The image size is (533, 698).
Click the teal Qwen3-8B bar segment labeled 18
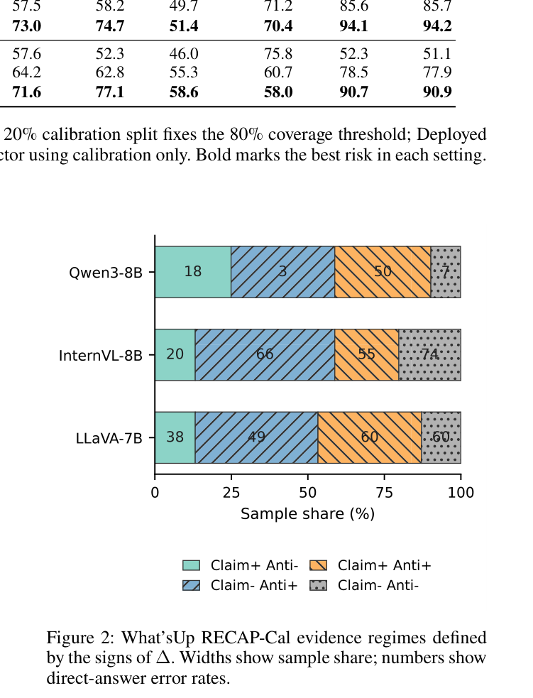(x=192, y=271)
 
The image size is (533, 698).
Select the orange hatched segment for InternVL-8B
(x=367, y=355)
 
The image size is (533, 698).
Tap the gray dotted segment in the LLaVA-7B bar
(x=441, y=437)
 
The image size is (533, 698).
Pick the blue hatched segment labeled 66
(x=265, y=355)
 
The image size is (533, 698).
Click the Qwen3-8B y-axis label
(x=106, y=272)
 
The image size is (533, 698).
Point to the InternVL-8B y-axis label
(x=101, y=355)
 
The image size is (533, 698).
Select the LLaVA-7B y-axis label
(x=109, y=438)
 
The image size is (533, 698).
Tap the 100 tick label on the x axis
(x=461, y=492)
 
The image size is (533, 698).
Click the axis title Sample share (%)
(x=307, y=513)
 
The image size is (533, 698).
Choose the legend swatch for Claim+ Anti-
(x=192, y=565)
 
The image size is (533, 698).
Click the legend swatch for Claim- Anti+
(x=192, y=585)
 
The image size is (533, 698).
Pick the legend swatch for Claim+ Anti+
(x=318, y=565)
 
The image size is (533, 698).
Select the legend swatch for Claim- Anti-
(x=318, y=585)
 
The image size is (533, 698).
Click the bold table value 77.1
(x=110, y=92)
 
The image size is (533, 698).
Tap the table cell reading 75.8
(x=278, y=53)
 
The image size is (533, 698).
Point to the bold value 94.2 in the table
(x=437, y=26)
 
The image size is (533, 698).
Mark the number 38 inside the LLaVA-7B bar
(x=175, y=437)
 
